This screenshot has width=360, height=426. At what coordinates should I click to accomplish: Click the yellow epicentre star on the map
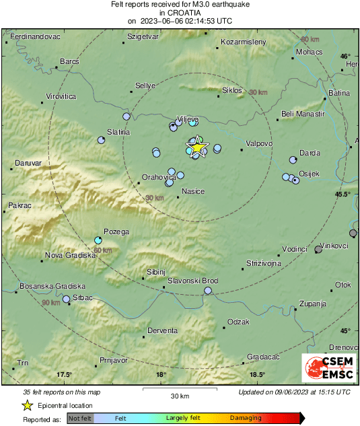click(x=197, y=147)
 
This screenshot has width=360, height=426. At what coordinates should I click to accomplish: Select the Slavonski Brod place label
click(x=192, y=280)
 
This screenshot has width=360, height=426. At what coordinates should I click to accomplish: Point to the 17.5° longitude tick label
click(x=64, y=375)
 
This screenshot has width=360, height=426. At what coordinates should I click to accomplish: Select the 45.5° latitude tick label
click(x=343, y=194)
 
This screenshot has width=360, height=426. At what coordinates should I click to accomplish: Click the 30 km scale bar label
click(x=179, y=395)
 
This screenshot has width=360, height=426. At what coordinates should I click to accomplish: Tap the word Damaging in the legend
click(x=246, y=418)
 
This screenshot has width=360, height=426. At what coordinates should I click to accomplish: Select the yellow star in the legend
click(x=27, y=405)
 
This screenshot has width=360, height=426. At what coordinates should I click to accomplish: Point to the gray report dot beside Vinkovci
click(x=318, y=250)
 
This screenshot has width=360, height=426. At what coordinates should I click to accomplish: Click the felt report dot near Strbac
click(x=67, y=299)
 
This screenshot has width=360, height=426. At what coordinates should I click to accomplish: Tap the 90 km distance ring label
click(x=50, y=304)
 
